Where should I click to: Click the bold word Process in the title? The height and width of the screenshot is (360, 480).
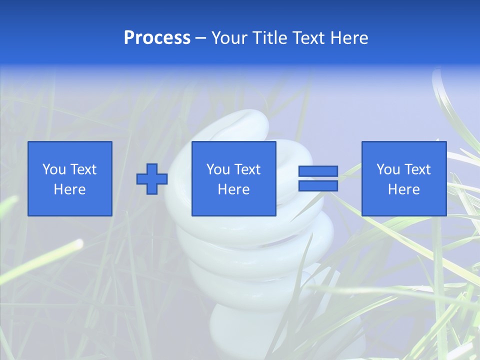pos(157,38)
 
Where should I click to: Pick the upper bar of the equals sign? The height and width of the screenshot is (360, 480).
pos(318,171)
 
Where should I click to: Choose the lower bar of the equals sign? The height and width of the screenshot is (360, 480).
pos(318,185)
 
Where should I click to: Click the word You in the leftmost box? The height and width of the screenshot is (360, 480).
pos(53,169)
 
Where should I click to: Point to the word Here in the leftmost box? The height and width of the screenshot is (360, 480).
pos(69,189)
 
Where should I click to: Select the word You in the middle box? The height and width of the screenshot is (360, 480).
pos(217,169)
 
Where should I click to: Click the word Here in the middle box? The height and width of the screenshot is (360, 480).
pos(233,189)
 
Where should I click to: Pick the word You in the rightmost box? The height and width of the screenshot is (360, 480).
pos(387,169)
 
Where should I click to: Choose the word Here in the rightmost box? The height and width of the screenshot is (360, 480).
pos(403,189)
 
